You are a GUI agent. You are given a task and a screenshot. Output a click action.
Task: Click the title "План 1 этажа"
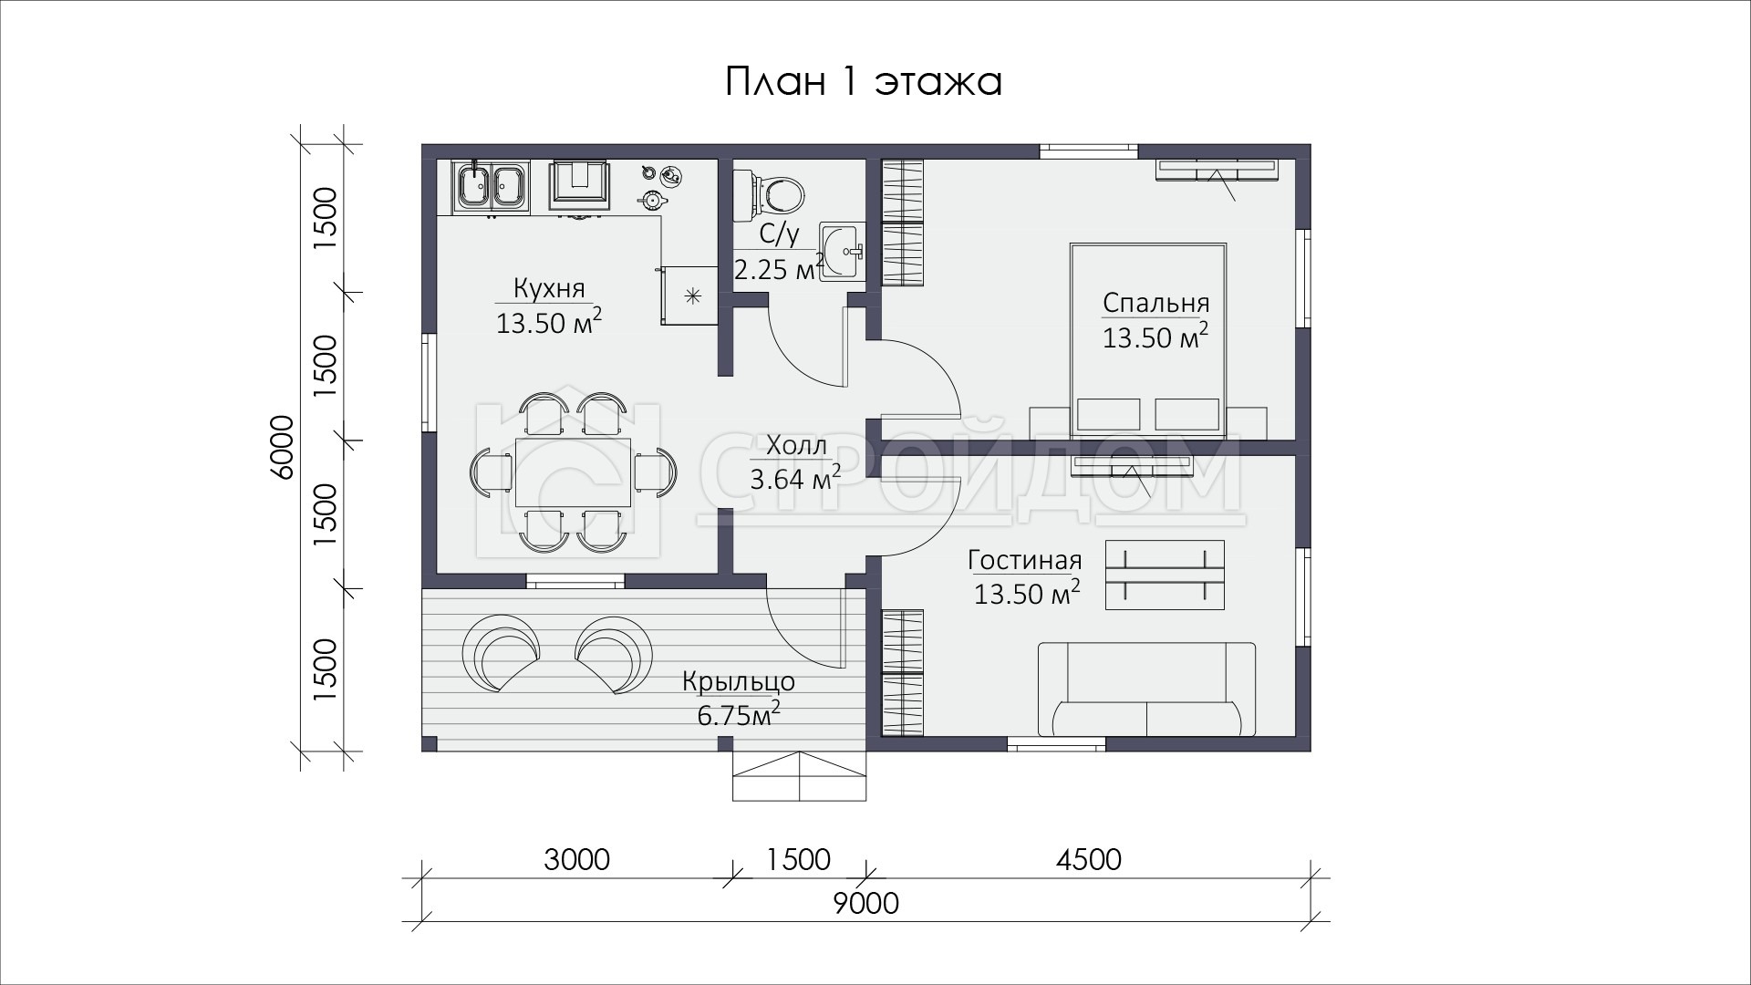click(864, 82)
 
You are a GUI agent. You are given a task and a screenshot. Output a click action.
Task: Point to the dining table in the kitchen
click(573, 472)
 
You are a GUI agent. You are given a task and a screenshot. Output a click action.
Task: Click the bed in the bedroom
click(1147, 337)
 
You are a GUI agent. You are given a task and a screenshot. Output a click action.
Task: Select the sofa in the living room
click(1146, 689)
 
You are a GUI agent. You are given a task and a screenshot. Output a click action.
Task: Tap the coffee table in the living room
click(1165, 575)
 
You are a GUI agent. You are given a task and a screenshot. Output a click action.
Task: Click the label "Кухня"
click(548, 289)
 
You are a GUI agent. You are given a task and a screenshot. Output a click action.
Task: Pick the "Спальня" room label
click(1155, 303)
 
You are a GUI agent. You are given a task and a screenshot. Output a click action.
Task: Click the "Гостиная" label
click(1025, 560)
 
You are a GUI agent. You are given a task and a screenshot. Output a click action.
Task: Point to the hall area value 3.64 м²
click(794, 478)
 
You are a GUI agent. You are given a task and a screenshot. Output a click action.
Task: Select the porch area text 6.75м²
click(739, 714)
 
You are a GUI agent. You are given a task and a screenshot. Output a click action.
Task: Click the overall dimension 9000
click(866, 903)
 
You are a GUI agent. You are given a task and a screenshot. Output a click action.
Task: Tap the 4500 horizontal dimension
click(1089, 859)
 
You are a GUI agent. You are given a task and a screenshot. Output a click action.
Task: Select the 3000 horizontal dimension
click(576, 859)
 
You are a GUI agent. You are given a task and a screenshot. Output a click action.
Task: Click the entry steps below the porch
click(800, 776)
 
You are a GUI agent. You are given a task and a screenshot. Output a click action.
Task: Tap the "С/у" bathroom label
click(779, 234)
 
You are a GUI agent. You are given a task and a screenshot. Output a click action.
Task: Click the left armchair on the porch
click(501, 653)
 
